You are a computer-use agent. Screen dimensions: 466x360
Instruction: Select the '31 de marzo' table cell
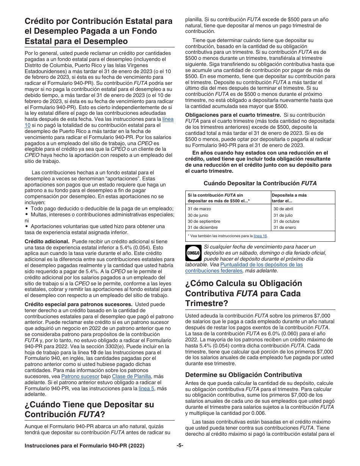click(199, 209)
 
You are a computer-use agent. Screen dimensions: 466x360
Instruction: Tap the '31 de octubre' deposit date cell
click(286, 221)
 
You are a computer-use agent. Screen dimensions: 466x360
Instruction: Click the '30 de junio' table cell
click(198, 215)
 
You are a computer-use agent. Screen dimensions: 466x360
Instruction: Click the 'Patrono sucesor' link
click(80, 377)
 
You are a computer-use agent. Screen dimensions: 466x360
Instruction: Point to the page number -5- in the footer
click(180, 446)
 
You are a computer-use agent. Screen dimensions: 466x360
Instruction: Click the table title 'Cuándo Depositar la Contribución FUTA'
click(260, 183)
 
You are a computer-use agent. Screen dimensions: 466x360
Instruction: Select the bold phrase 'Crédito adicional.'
click(47, 241)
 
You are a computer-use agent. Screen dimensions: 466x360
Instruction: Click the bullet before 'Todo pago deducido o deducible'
click(27, 209)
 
